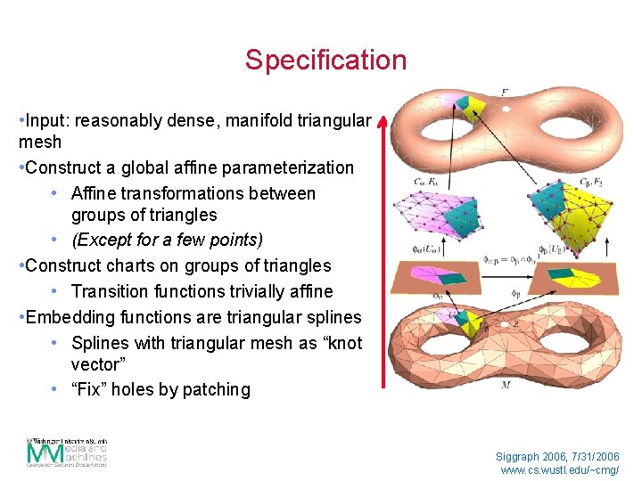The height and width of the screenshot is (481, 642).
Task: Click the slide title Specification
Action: click(325, 61)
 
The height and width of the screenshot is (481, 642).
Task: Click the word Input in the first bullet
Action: click(45, 120)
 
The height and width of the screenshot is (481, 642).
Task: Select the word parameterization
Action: click(291, 167)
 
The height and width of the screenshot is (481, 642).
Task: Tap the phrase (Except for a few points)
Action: click(167, 240)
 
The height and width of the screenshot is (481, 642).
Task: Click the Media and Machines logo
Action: click(67, 452)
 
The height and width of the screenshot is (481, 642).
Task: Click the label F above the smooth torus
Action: click(505, 93)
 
